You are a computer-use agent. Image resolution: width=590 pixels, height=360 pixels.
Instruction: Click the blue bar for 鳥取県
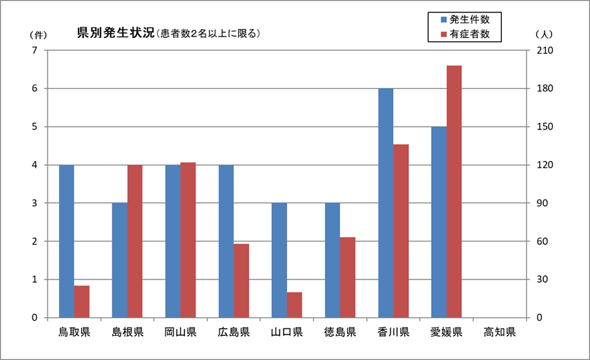pos(67,241)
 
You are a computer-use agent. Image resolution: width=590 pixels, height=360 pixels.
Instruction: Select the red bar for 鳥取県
pos(82,301)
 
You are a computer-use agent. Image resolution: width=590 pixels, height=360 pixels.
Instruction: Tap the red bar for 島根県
pos(135,241)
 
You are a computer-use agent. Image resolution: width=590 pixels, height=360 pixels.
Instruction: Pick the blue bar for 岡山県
pos(173,241)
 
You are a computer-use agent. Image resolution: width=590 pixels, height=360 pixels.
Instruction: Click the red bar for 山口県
pos(295,305)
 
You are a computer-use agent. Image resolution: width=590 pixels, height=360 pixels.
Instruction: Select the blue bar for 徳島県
pos(333,260)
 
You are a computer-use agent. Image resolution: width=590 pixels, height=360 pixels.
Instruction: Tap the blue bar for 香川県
pos(386,203)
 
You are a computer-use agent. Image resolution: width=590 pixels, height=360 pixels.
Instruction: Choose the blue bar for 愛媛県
pos(439,222)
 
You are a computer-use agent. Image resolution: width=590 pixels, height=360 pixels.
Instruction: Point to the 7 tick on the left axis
pos(34,50)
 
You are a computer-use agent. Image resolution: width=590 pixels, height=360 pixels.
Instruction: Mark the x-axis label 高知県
pos(499,332)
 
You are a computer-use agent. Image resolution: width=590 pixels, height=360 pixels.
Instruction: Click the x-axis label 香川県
pos(393,332)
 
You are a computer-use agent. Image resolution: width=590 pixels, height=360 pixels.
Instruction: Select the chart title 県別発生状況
pos(116,32)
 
